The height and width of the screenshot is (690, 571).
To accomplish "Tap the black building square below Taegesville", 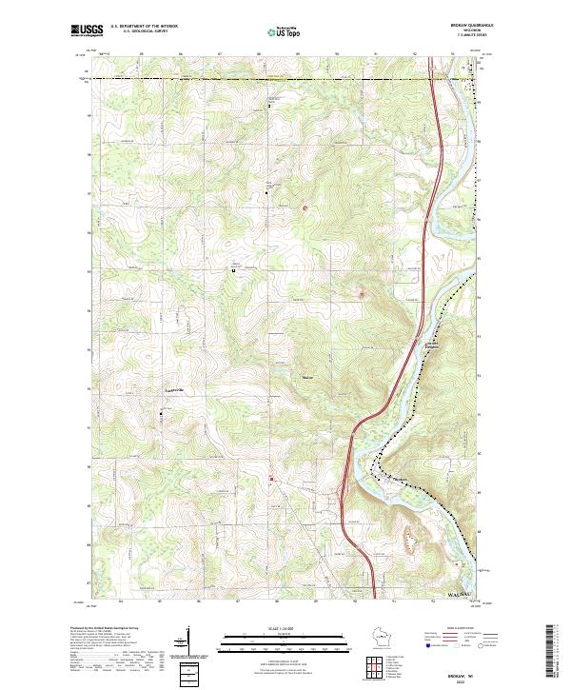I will (162, 412).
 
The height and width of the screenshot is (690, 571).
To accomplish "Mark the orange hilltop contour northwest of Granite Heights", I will (361, 293).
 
